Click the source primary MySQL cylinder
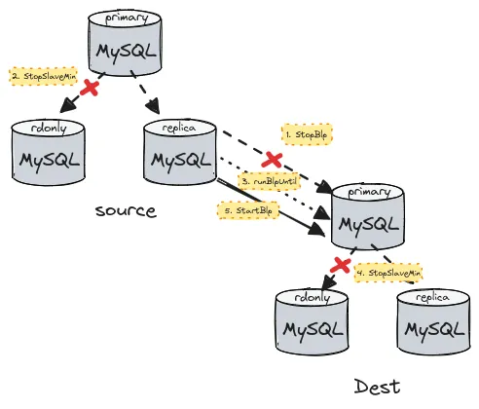click(x=123, y=44)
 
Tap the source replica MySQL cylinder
click(x=178, y=151)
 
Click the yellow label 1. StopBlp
click(x=306, y=132)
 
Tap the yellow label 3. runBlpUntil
click(x=270, y=182)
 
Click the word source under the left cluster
click(x=126, y=210)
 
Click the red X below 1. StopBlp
click(x=275, y=157)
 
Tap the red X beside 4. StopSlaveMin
click(x=340, y=264)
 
